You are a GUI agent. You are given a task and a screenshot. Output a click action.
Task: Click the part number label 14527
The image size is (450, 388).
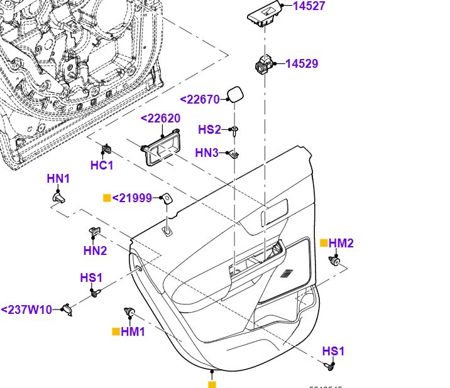point(312,7)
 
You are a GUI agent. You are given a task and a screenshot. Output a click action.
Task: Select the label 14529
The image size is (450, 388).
point(302,63)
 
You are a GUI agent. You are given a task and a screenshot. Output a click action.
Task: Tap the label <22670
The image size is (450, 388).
point(200,99)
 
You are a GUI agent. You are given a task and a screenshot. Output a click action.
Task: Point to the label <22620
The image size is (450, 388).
point(160,119)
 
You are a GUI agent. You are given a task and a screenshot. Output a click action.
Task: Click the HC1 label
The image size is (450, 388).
point(102,166)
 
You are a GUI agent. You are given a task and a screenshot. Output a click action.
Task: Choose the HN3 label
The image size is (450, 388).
point(207,153)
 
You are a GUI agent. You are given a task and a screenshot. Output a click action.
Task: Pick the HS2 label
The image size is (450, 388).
point(210,130)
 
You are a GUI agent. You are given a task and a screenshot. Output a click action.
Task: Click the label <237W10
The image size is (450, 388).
point(26,310)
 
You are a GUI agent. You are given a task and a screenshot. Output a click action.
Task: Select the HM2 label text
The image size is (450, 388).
point(342,243)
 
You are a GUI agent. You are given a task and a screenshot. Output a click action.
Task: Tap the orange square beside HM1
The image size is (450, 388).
point(116,331)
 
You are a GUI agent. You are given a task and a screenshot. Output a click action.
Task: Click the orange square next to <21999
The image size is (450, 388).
point(107,198)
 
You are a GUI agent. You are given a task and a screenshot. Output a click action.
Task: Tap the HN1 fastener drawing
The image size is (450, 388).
point(58,198)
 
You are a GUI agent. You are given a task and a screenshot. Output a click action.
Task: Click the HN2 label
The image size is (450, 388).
point(95,251)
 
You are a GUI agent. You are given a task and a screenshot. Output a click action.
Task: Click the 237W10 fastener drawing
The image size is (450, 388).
point(67,308)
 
